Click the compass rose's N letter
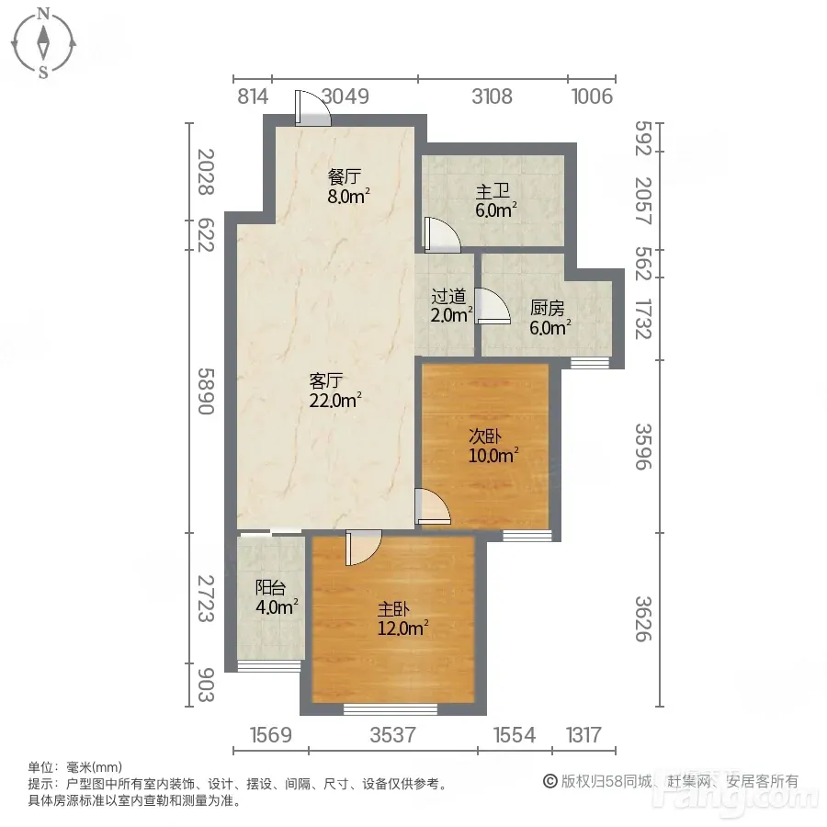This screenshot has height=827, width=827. (44, 13)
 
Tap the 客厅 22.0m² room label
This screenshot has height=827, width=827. (334, 391)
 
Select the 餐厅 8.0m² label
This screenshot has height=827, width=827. (348, 187)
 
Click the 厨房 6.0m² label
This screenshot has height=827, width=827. (549, 318)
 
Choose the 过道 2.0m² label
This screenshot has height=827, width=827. (451, 306)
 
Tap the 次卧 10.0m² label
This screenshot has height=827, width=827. (493, 446)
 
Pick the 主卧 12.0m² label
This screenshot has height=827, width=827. (402, 619)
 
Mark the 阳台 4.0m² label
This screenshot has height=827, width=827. (277, 597)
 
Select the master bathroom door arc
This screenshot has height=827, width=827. (443, 233)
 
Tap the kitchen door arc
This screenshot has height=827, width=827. (493, 305)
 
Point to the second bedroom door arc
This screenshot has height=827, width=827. (433, 506)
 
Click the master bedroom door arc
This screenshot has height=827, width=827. (364, 548)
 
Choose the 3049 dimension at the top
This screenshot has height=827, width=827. (345, 96)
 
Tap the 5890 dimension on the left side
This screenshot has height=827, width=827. (206, 391)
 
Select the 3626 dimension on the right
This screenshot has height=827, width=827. (643, 619)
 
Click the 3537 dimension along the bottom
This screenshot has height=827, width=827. (393, 735)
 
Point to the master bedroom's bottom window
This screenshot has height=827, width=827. (391, 709)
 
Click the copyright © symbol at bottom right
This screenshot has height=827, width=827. (550, 781)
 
